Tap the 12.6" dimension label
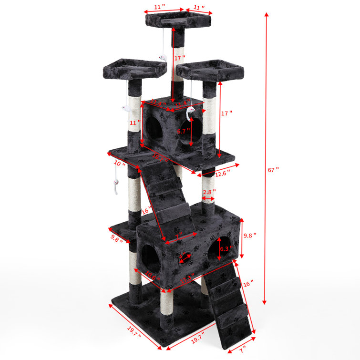(222, 174)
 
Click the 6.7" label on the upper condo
(184, 131)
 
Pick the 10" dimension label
(120, 164)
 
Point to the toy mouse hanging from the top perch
(163, 59)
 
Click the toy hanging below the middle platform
(116, 186)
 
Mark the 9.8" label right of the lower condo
(250, 235)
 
